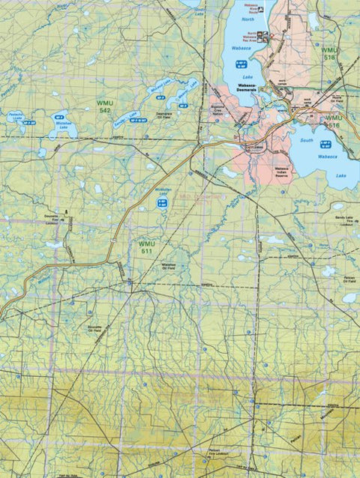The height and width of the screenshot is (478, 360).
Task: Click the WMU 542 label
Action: [x=104, y=105]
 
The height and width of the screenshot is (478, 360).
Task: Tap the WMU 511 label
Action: [x=147, y=247]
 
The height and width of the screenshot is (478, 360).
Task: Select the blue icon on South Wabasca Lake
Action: [x=325, y=144]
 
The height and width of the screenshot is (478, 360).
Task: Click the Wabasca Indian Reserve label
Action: [x=281, y=172]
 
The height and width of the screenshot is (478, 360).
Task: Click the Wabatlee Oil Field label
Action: [x=169, y=264]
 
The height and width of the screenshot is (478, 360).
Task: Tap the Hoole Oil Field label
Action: [x=335, y=99]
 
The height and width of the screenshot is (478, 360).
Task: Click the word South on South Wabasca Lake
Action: [x=306, y=140]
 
